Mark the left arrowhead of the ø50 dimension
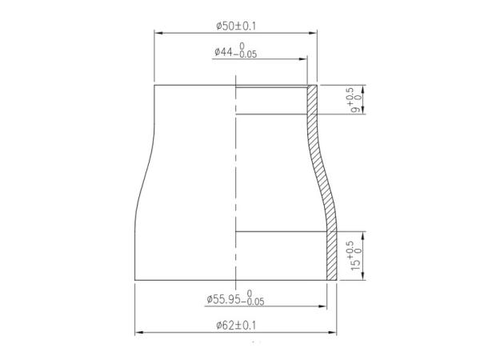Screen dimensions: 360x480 click(158, 33)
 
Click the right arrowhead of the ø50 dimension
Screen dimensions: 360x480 click(314, 33)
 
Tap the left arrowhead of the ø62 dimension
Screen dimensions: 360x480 click(138, 332)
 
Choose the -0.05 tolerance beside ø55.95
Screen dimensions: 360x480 click(254, 302)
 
